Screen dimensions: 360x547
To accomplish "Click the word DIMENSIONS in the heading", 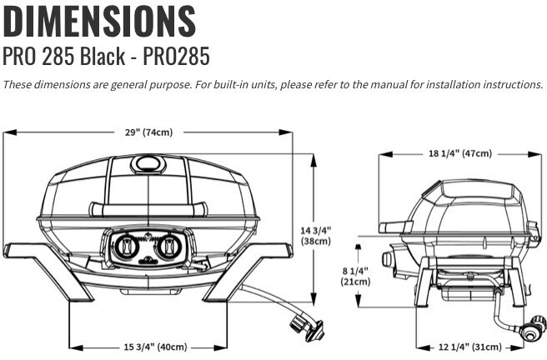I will [x=99, y=21].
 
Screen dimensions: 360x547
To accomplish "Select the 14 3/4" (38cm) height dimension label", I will [x=318, y=235].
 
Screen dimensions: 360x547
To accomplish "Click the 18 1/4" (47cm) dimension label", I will [x=459, y=153].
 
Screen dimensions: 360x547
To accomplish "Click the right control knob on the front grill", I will [x=169, y=247].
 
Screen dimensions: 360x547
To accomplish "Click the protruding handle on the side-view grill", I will [x=394, y=227].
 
